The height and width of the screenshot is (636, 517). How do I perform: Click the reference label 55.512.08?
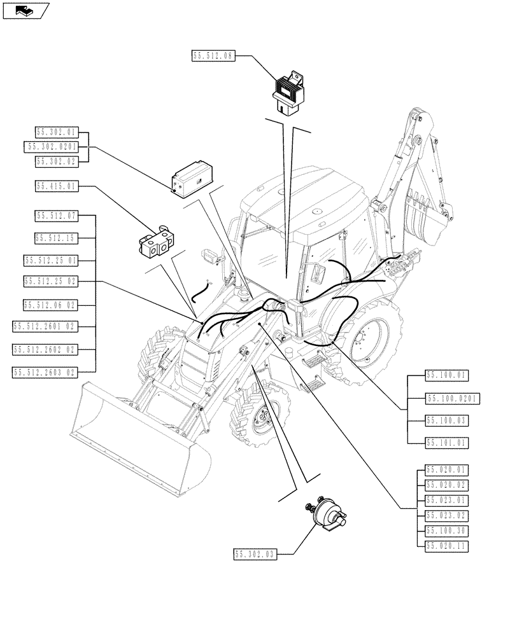click(213, 56)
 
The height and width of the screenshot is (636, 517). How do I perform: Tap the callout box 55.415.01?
click(57, 186)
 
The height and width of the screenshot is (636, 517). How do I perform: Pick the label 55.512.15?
click(57, 238)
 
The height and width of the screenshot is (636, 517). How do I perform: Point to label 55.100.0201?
click(452, 399)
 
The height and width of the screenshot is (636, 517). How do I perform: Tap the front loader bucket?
click(140, 439)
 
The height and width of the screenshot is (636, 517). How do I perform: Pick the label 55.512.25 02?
click(51, 280)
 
